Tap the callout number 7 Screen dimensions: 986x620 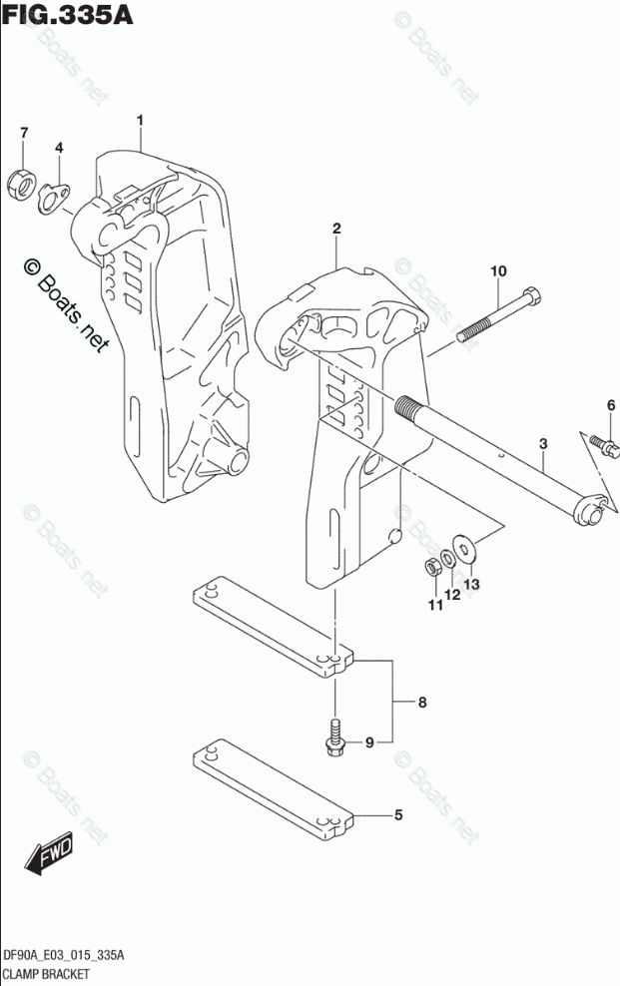click(25, 134)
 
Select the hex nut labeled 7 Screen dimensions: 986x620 click(21, 182)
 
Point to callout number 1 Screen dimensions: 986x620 click(141, 121)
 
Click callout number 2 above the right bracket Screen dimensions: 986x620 click(337, 229)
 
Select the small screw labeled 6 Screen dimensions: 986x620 click(600, 441)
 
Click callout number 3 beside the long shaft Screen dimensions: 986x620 click(543, 442)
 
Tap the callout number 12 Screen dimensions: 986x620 click(452, 594)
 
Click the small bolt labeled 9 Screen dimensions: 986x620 click(336, 737)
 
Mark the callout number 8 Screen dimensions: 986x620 click(422, 703)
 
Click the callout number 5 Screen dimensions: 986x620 click(397, 815)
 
